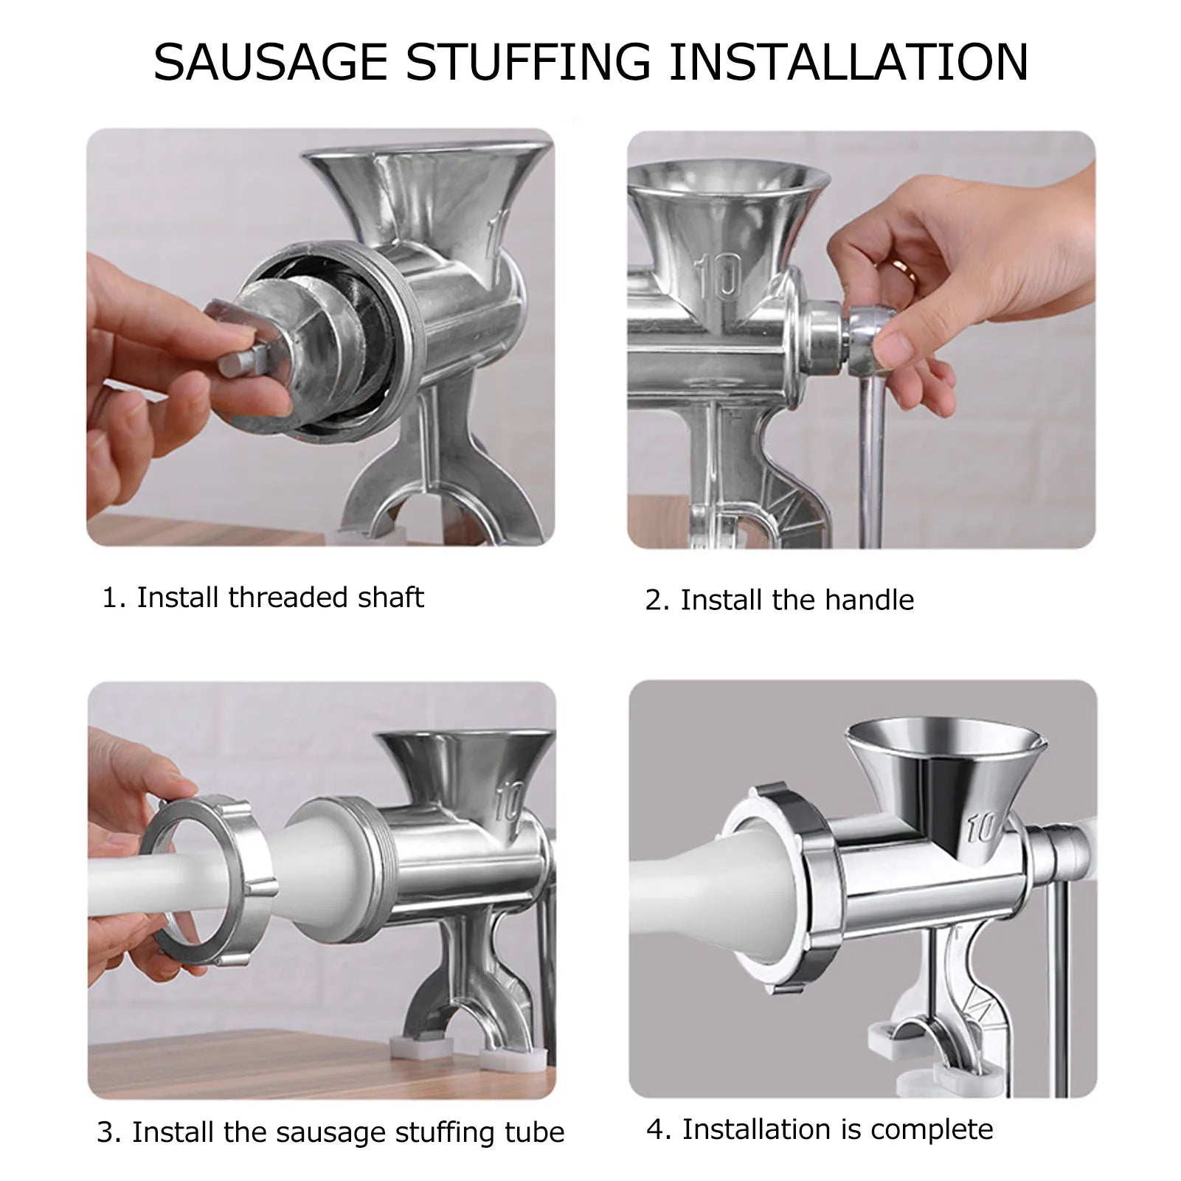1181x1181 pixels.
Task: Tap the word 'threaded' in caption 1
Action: point(288,598)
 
